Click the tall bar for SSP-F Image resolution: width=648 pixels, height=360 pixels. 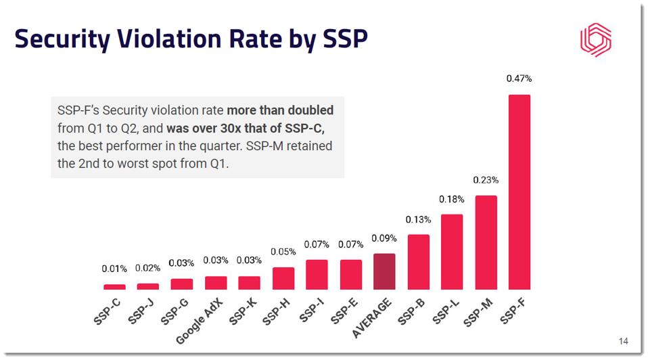coord(519,192)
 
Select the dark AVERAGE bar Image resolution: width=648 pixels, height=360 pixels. coord(384,271)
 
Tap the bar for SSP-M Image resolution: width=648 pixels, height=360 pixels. coord(486,242)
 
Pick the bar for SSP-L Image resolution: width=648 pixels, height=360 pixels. coord(452,252)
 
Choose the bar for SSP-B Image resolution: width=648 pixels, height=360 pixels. coord(418,262)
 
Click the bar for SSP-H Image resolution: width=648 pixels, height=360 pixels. coord(283,278)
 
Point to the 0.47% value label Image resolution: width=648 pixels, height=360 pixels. coord(519,78)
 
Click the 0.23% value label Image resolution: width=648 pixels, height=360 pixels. coord(486,180)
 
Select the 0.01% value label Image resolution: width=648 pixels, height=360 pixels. coord(114,269)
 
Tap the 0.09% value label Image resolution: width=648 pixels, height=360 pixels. coord(384,238)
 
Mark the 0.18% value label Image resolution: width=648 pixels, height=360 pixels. coord(452,199)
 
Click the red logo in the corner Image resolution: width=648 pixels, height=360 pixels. coord(595,41)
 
